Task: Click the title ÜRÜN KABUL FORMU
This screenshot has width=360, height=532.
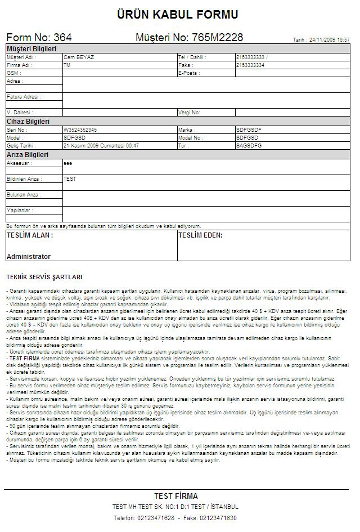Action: pos(178,15)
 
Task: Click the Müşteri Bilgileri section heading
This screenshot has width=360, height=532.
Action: pos(31,50)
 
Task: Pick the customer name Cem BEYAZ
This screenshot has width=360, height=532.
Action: pos(79,57)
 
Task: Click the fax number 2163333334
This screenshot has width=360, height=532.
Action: pos(250,65)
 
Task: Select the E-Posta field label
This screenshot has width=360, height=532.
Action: pos(189,73)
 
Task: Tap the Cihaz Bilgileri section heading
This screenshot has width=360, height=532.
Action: pos(28,122)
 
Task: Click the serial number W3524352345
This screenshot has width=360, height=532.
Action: pos(80,129)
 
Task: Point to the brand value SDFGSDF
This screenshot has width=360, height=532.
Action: pos(249,129)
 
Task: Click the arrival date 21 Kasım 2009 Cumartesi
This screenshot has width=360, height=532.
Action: pos(101,145)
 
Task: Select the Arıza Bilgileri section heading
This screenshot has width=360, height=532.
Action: pos(27,154)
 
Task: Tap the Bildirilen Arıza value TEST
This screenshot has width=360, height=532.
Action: pos(70,179)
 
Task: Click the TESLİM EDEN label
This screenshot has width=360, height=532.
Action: pos(200,235)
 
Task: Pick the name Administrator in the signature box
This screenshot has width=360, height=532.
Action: pos(29,257)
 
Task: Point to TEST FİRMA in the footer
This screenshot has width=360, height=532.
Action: pos(176,496)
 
